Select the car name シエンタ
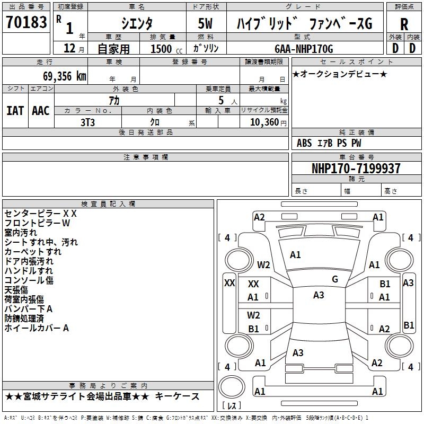[136, 23]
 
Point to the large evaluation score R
[404, 24]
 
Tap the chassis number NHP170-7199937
[356, 169]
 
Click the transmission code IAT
[15, 111]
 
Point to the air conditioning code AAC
[40, 111]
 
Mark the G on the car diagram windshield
[335, 279]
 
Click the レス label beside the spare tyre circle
[232, 407]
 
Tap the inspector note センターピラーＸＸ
[41, 214]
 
